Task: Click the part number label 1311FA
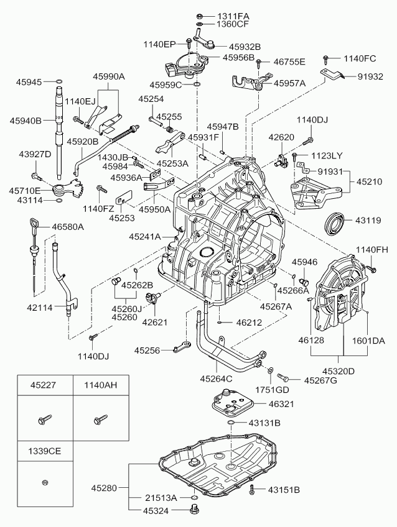point(233,15)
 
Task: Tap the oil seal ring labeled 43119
point(337,222)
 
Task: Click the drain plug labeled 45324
point(195,510)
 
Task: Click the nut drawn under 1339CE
point(44,482)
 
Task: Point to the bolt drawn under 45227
point(44,420)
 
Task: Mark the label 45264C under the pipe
point(216,378)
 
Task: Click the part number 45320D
point(339,372)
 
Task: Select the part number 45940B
point(26,120)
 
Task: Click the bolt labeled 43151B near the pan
point(252,490)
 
